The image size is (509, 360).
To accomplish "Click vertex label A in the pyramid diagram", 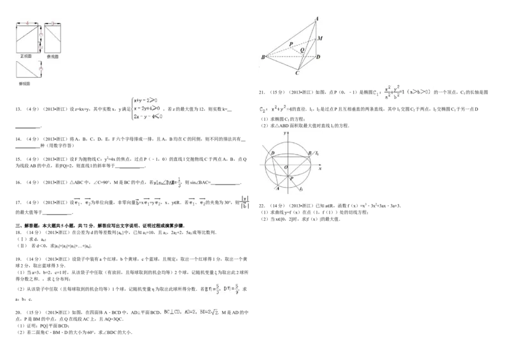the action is [317, 19].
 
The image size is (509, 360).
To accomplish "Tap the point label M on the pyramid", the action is [321, 38].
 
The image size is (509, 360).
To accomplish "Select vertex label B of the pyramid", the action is [262, 58].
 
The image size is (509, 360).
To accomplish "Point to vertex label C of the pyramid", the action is [296, 73].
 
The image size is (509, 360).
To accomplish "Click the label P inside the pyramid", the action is [291, 44].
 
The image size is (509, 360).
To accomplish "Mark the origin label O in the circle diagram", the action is [286, 167].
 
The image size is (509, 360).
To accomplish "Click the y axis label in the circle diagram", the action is [287, 132].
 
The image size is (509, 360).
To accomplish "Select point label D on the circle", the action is [272, 154].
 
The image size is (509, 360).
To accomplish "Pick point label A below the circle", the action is [277, 188].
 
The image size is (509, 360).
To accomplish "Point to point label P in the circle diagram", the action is [291, 179].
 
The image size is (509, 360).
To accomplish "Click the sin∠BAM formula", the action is [168, 181].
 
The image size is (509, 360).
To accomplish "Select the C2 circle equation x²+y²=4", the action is [275, 109].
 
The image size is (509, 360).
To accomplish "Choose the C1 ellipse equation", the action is [404, 92].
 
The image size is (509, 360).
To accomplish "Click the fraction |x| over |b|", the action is [242, 202].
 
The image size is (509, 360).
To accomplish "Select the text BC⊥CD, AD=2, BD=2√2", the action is [191, 313].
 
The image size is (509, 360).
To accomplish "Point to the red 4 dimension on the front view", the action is [27, 24].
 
